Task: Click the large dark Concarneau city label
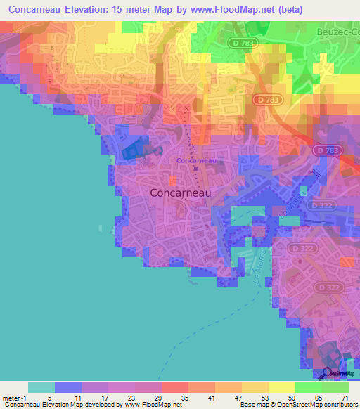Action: [x=181, y=192]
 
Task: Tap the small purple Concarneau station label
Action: [x=196, y=160]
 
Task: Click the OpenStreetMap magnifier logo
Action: [x=328, y=373]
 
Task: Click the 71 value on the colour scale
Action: [x=345, y=397]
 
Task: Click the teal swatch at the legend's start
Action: [x=41, y=387]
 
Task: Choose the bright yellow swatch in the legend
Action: [x=281, y=387]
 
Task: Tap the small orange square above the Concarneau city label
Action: [x=173, y=180]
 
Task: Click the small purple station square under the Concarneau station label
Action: [x=196, y=167]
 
